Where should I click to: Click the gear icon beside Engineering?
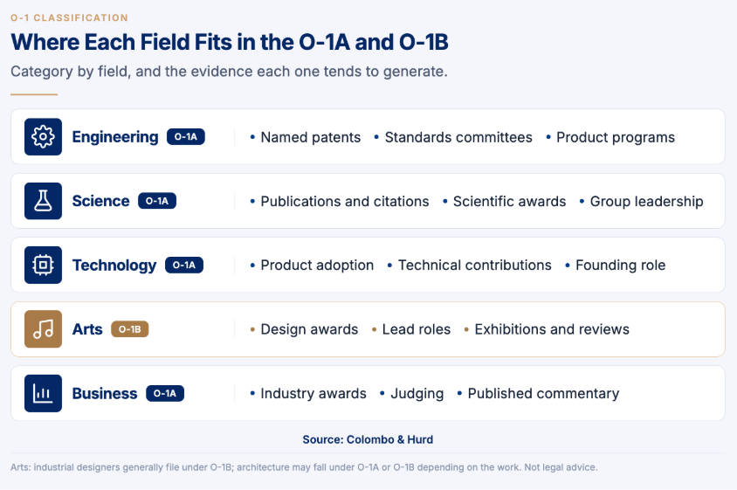tap(44, 137)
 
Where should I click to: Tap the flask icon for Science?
tap(44, 201)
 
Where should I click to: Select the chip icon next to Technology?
tap(44, 265)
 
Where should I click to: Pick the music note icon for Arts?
tap(44, 329)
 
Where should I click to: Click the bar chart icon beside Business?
tap(44, 393)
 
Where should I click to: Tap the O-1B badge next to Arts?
tap(130, 329)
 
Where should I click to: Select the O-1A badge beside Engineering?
tap(186, 137)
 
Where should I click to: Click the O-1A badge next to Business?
tap(165, 393)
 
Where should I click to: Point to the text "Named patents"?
tap(311, 137)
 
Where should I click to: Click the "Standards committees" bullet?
tap(458, 137)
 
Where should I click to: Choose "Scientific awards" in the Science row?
tap(509, 201)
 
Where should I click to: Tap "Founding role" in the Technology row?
tap(621, 266)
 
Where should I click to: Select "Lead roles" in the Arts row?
tap(417, 329)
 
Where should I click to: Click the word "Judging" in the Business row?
tap(417, 394)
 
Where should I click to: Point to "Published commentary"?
tap(543, 394)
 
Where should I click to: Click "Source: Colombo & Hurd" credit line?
tap(368, 439)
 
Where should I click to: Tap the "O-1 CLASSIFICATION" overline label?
tap(69, 17)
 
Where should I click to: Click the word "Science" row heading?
tap(100, 201)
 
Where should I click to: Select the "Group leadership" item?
tap(647, 201)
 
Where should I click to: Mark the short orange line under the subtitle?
tap(34, 94)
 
